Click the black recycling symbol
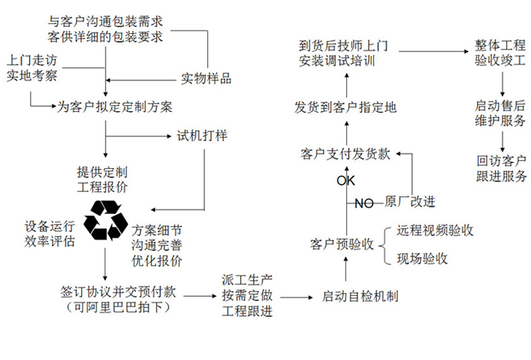tap(108, 220)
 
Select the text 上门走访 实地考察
tap(31, 66)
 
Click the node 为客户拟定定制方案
tap(115, 107)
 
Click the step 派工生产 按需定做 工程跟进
tap(247, 295)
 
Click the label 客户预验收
tap(341, 244)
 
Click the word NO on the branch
tap(364, 204)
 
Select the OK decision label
tap(346, 180)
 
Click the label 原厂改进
tap(410, 201)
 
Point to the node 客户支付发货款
tap(345, 153)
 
